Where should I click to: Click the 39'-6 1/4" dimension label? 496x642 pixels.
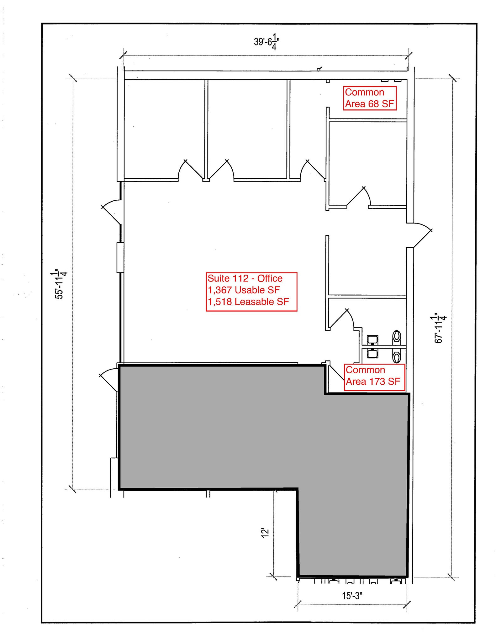(266, 42)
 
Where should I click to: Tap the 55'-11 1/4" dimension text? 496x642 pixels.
(59, 283)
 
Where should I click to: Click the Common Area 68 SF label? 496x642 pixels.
(369, 98)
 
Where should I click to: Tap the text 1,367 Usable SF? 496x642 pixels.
(244, 290)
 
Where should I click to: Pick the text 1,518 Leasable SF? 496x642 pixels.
(248, 302)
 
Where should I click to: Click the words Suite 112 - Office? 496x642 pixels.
(245, 278)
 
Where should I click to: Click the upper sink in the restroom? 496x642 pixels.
(372, 339)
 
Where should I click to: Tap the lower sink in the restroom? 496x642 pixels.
(372, 353)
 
